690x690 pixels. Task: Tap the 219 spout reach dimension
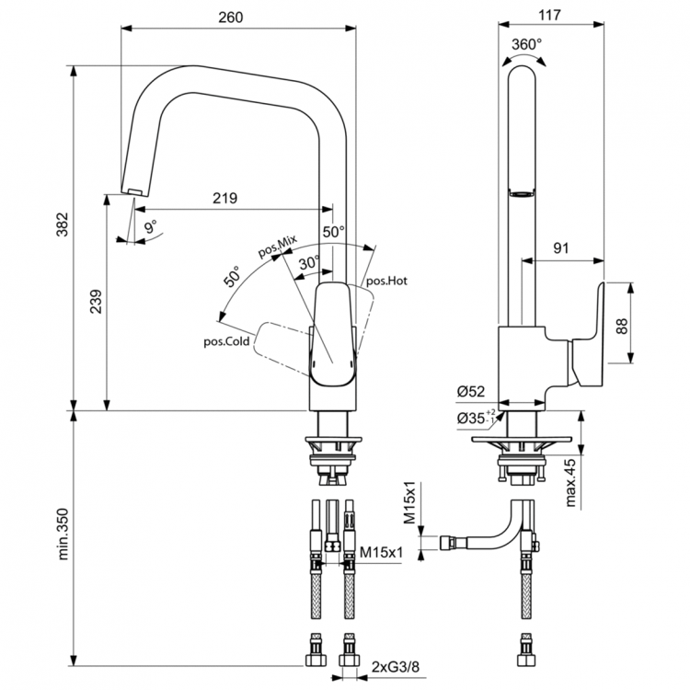coord(224,198)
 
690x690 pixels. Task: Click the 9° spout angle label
coord(150,225)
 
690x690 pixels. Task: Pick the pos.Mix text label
coord(278,249)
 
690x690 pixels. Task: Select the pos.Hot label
coord(386,281)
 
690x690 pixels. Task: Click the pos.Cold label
coord(227,341)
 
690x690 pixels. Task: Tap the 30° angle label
coord(309,262)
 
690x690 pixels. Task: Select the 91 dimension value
coord(562,247)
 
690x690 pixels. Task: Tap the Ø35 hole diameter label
coord(473,419)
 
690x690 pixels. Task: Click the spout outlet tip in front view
coord(133,190)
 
